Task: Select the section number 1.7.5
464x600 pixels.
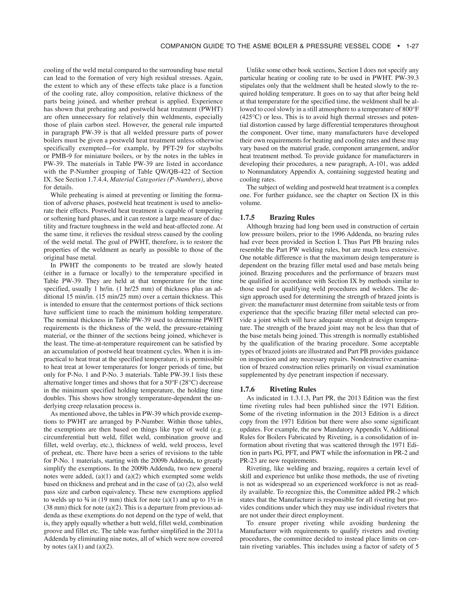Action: pos(247,218)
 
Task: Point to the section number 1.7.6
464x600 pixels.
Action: pos(247,389)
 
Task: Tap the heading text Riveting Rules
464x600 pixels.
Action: pos(293,389)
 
